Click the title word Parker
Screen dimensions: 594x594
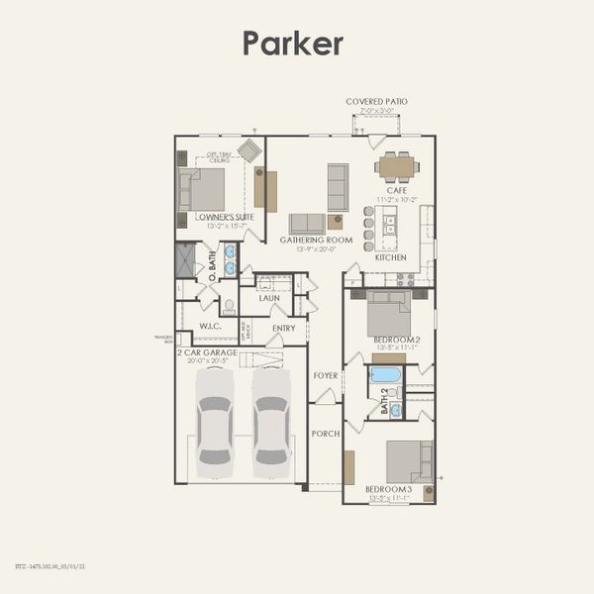point(293,44)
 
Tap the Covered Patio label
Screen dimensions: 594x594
point(376,101)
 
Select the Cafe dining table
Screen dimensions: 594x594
point(397,166)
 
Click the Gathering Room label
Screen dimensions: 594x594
point(317,240)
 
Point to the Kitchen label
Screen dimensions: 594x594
point(390,257)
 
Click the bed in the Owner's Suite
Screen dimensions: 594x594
point(202,188)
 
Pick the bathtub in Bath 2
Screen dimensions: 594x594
point(385,375)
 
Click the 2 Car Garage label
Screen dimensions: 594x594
point(208,351)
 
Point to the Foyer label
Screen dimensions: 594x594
point(326,375)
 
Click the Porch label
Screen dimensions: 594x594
point(325,434)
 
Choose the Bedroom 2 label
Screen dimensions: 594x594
point(396,341)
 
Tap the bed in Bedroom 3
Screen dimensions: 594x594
point(408,461)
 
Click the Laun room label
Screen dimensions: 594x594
point(269,297)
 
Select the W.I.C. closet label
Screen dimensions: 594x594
point(209,326)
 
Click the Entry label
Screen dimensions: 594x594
point(283,328)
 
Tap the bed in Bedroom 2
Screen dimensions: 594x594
point(389,314)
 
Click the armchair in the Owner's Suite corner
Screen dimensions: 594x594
point(249,150)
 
